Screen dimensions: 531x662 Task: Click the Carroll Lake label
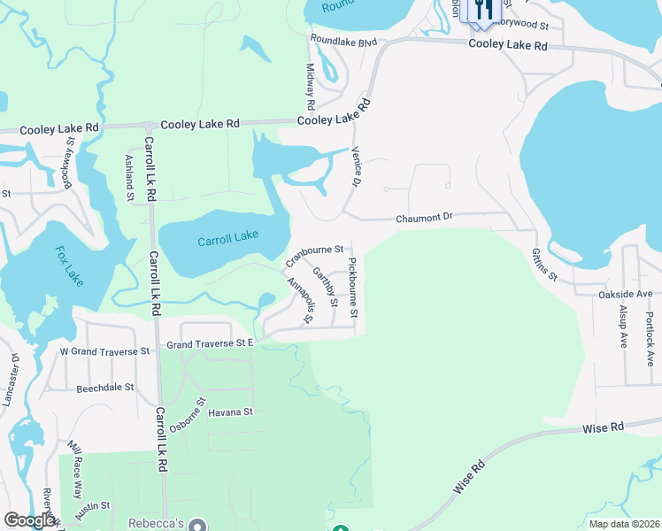[x=227, y=240]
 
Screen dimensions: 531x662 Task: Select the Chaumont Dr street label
[x=424, y=216]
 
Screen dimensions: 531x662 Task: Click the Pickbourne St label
[x=353, y=288]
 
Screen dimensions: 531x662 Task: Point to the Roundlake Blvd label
[x=343, y=42]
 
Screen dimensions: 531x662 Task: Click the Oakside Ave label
[x=625, y=294]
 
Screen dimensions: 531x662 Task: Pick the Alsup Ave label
[x=623, y=326]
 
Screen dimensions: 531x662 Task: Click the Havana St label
[x=230, y=412]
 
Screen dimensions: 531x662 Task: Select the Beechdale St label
[x=104, y=388]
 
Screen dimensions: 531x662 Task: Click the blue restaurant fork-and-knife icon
[x=483, y=11]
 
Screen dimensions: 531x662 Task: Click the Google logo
[x=29, y=520]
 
